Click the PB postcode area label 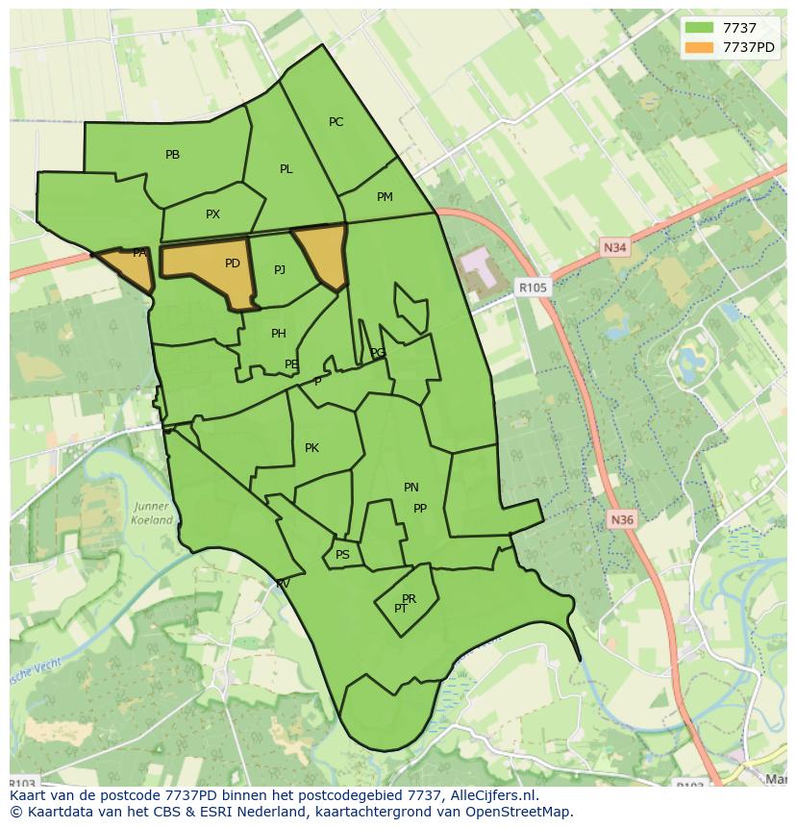[173, 155]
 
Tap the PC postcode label [336, 122]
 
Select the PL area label [286, 169]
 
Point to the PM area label [385, 197]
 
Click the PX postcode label [212, 214]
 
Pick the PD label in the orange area [233, 263]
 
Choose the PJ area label [280, 270]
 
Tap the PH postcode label [279, 334]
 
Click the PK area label [311, 448]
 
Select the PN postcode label [411, 488]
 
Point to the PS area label [342, 555]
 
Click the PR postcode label [410, 599]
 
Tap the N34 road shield [615, 248]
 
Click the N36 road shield [622, 520]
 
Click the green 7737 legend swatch [698, 28]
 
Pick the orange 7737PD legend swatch [698, 47]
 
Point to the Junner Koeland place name [152, 514]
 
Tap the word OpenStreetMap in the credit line [524, 812]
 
